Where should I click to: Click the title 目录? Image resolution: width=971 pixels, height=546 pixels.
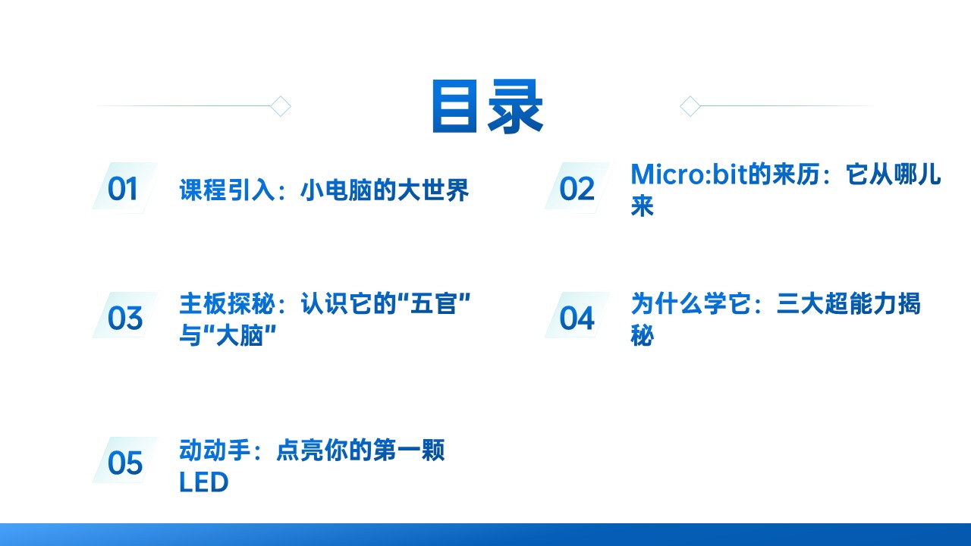[487, 106]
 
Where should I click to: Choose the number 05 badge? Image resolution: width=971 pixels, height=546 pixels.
[124, 463]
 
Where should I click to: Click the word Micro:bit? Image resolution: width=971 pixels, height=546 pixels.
[690, 174]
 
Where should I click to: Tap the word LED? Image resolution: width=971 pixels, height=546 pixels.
[204, 482]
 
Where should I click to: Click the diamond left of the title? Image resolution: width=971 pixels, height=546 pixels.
[281, 106]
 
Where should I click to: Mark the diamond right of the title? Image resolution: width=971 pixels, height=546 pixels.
[690, 106]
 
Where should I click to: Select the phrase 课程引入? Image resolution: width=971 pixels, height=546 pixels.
[227, 190]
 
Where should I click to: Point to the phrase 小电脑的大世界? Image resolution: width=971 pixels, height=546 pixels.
[385, 190]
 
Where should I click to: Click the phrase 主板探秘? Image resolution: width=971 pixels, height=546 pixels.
[227, 303]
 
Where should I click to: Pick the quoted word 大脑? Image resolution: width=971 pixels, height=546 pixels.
[240, 335]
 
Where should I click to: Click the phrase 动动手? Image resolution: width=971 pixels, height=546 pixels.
[215, 450]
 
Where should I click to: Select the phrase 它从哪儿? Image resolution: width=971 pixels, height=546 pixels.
[893, 174]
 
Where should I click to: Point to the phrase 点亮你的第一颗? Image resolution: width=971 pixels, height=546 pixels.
[360, 450]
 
